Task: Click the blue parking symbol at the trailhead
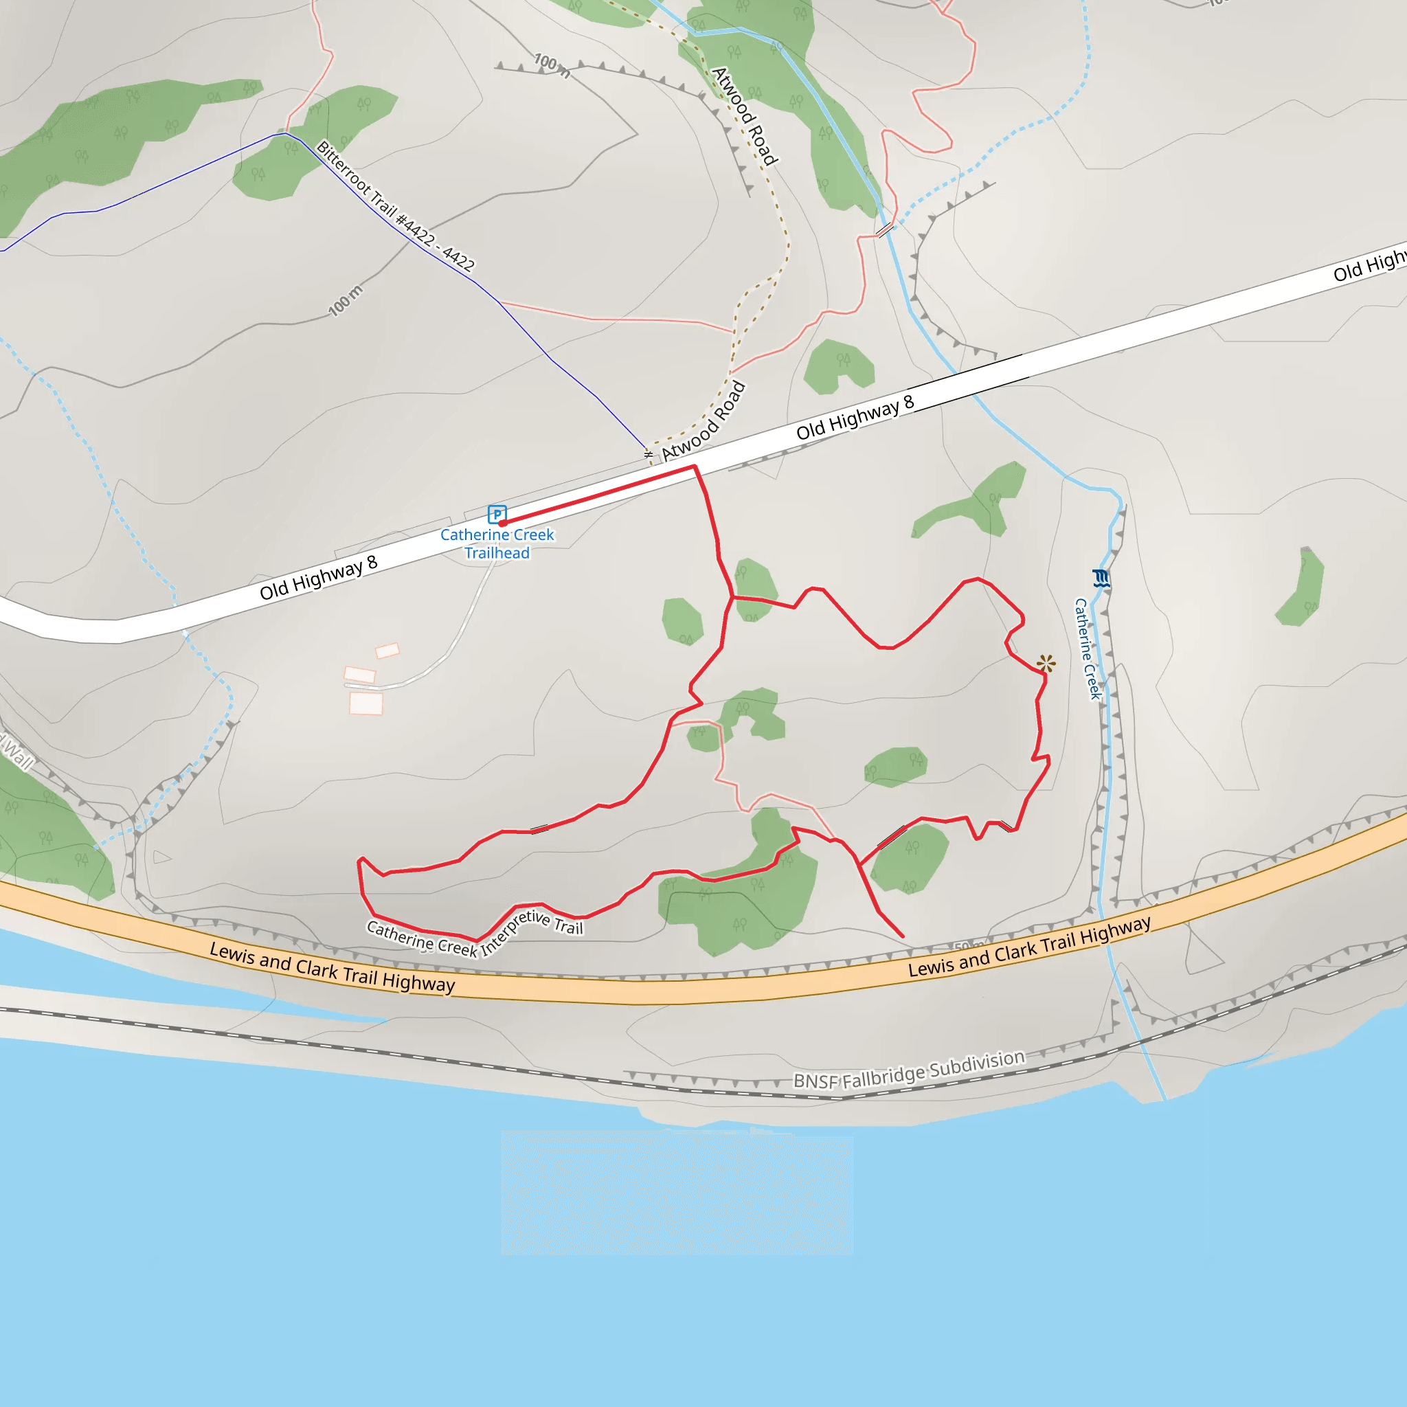[x=497, y=514]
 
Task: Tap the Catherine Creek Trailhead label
[x=497, y=543]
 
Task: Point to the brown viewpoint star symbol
[x=1046, y=663]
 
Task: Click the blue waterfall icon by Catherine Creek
[x=1101, y=578]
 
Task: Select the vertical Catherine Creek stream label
[x=1088, y=648]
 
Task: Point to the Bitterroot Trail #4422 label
[x=396, y=206]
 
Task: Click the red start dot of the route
[x=502, y=523]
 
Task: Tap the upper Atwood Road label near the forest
[x=745, y=115]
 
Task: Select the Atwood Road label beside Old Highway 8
[x=703, y=421]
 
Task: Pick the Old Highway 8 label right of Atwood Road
[x=854, y=418]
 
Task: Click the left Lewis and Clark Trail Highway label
[x=332, y=967]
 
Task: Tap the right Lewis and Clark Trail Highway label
[x=1029, y=946]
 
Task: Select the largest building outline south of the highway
[x=365, y=703]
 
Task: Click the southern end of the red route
[x=902, y=936]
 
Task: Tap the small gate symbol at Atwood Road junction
[x=648, y=454]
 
